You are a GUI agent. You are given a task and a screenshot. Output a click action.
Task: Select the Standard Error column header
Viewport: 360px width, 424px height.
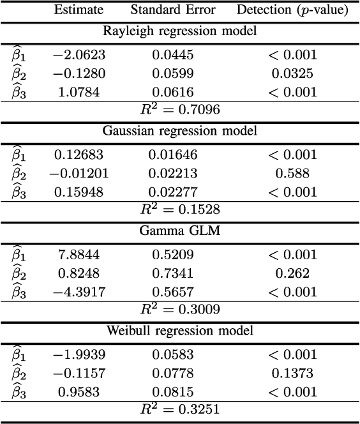(172, 11)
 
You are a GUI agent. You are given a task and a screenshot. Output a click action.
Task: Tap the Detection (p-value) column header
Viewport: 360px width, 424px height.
(292, 11)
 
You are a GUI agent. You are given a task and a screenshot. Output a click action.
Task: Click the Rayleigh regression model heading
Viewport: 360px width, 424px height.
(180, 31)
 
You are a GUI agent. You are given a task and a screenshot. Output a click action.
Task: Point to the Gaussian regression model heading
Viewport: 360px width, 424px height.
(180, 132)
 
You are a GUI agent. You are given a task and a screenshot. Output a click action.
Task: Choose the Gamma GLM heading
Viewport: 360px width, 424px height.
(180, 231)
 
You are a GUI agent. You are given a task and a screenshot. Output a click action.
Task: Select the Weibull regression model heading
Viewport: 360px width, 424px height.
(180, 331)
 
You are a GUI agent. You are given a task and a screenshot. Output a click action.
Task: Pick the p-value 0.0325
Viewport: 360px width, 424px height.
(292, 73)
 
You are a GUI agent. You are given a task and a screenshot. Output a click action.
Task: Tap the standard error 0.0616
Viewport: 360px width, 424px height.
(172, 92)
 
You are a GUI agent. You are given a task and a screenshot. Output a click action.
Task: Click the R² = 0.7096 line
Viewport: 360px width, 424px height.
(180, 109)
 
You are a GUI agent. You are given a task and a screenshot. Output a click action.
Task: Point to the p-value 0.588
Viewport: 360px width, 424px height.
(292, 173)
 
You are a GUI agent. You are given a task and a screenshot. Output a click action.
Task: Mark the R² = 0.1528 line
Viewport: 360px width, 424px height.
(180, 209)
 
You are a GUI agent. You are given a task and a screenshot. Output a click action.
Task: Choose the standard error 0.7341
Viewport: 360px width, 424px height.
(172, 273)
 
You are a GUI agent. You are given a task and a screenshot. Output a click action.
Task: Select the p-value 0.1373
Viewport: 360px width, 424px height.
(292, 373)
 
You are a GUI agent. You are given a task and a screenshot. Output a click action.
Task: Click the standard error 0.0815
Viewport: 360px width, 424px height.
(172, 391)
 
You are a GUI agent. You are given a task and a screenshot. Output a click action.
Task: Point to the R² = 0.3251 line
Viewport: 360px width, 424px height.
(180, 409)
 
